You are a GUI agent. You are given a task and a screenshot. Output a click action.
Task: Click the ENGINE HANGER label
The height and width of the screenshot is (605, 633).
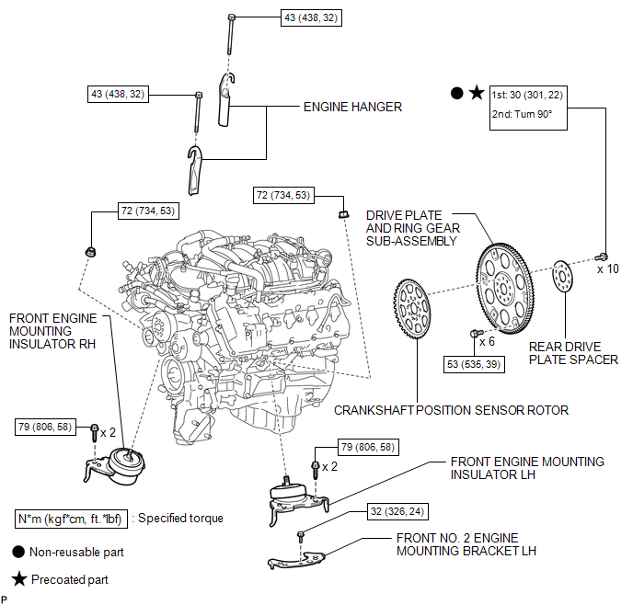[352, 107]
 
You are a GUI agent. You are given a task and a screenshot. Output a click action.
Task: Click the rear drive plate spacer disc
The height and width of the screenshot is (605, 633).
[562, 277]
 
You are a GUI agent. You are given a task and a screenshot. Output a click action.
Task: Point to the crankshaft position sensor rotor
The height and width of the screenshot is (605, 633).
[412, 309]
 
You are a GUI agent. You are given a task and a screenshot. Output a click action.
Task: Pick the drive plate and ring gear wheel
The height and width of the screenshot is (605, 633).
[505, 289]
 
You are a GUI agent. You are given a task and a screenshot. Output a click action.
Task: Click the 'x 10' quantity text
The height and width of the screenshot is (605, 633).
[608, 269]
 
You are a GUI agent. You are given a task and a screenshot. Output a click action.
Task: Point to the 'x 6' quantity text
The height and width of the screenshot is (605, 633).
[487, 342]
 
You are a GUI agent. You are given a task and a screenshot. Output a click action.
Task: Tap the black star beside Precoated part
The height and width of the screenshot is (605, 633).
[19, 578]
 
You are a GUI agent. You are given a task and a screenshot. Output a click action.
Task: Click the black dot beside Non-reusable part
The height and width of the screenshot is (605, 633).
[18, 552]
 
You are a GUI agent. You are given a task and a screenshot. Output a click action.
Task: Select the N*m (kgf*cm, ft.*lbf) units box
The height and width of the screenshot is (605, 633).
[71, 519]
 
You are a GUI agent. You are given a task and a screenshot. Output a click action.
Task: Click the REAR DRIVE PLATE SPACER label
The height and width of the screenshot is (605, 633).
[573, 353]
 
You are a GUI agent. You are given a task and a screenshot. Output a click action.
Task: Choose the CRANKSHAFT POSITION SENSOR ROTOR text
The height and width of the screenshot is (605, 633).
[451, 410]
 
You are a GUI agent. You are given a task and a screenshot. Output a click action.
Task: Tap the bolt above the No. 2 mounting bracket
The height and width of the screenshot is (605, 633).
[300, 537]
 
